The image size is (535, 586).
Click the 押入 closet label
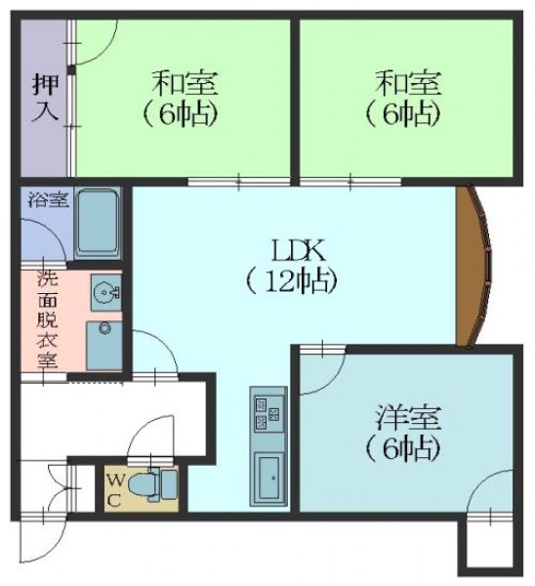46,98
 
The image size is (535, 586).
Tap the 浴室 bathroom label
49,200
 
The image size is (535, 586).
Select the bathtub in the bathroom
98,223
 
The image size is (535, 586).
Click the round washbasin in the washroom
106,292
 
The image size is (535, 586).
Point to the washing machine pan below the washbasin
104,346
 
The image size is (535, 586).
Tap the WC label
115,490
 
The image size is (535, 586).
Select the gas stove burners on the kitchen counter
267,413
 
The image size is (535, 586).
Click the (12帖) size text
292,281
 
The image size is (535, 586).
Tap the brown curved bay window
473,265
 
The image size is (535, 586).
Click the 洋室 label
409,417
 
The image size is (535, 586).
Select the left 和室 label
185,83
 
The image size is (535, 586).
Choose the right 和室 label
409,83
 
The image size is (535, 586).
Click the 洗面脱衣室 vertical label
47,319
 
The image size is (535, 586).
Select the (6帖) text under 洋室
401,447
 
